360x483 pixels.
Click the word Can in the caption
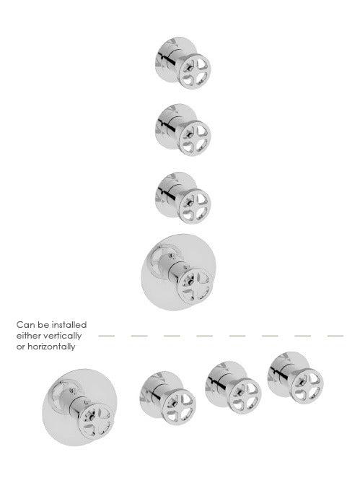point(24,325)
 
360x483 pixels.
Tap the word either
point(29,336)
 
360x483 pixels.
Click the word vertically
point(64,336)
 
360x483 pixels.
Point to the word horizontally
point(51,347)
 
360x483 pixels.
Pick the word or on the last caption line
point(21,347)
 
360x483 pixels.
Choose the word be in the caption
point(41,325)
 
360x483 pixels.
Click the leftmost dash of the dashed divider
point(106,336)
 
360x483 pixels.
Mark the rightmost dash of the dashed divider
point(335,336)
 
